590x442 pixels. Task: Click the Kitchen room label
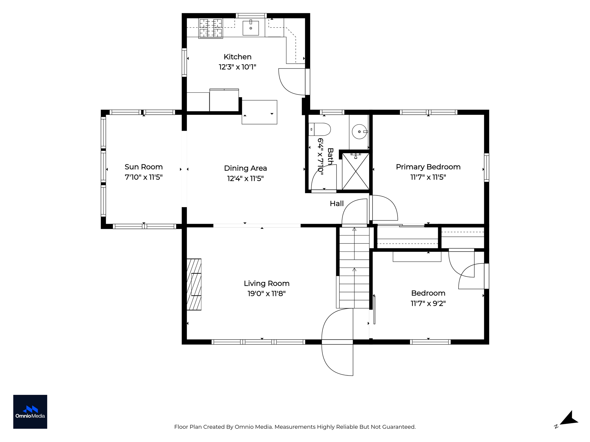point(237,57)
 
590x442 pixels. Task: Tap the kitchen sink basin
point(251,28)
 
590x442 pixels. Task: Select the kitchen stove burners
point(211,28)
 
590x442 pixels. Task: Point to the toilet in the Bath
point(319,129)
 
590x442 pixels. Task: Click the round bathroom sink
point(360,132)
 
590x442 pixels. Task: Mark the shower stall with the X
point(355,171)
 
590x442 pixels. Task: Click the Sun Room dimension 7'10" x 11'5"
point(143,177)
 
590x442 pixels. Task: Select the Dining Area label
point(245,168)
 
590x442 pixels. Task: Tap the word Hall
point(337,203)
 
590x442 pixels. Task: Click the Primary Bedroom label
point(428,167)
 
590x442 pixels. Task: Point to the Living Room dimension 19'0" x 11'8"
point(266,294)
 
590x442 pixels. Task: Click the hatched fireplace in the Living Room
point(194,284)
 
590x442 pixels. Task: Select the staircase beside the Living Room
point(354,268)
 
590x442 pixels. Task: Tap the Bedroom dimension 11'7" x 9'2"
point(428,303)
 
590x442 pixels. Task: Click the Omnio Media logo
point(30,412)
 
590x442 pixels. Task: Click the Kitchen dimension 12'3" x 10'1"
point(237,67)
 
